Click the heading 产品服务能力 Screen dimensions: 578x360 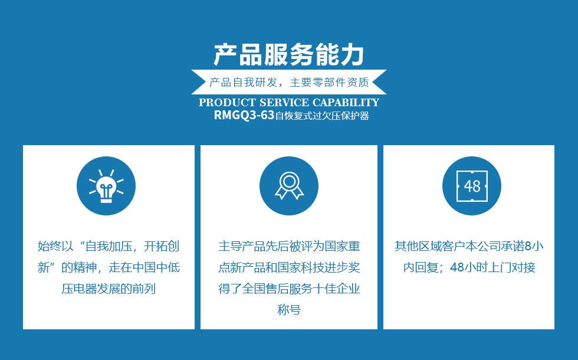(289, 55)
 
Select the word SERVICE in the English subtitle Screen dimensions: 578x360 (284, 102)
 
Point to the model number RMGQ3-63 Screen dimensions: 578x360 (244, 115)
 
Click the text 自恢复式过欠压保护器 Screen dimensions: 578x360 (322, 116)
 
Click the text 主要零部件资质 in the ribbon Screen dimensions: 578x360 (329, 82)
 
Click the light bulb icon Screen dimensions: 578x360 (106, 186)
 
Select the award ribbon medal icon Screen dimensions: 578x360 (289, 185)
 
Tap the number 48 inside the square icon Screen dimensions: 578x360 (472, 186)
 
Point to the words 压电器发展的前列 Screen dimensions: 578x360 (109, 289)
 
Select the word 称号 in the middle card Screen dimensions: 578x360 (289, 310)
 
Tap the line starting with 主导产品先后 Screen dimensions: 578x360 (289, 246)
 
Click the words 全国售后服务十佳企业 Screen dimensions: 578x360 (301, 289)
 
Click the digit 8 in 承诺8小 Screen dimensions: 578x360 (528, 246)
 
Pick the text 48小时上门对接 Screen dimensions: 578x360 (492, 267)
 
